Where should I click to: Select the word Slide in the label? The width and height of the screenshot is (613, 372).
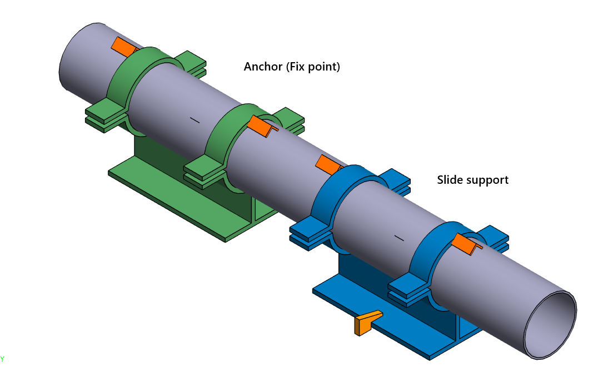tap(449, 180)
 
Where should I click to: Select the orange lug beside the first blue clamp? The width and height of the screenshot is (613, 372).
tap(328, 164)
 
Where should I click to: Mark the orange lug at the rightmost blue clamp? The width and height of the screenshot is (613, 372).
tap(465, 243)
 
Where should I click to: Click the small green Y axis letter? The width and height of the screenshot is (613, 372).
tap(2, 359)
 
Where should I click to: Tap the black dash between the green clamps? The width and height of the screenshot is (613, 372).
tap(194, 119)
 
